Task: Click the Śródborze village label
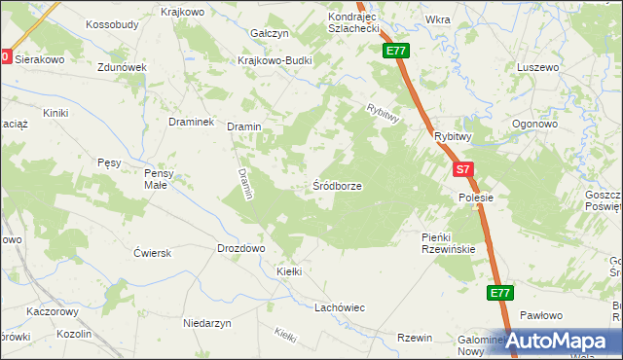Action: point(338,185)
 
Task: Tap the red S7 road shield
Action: point(464,169)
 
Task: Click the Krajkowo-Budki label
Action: point(275,58)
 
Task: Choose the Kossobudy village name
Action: point(113,23)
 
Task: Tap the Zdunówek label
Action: point(122,67)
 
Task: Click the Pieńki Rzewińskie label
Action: point(448,243)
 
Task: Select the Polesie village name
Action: point(477,198)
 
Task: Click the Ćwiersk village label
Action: point(153,252)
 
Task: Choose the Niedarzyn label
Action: point(206,321)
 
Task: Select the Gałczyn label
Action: point(270,33)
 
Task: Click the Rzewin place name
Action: point(414,338)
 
